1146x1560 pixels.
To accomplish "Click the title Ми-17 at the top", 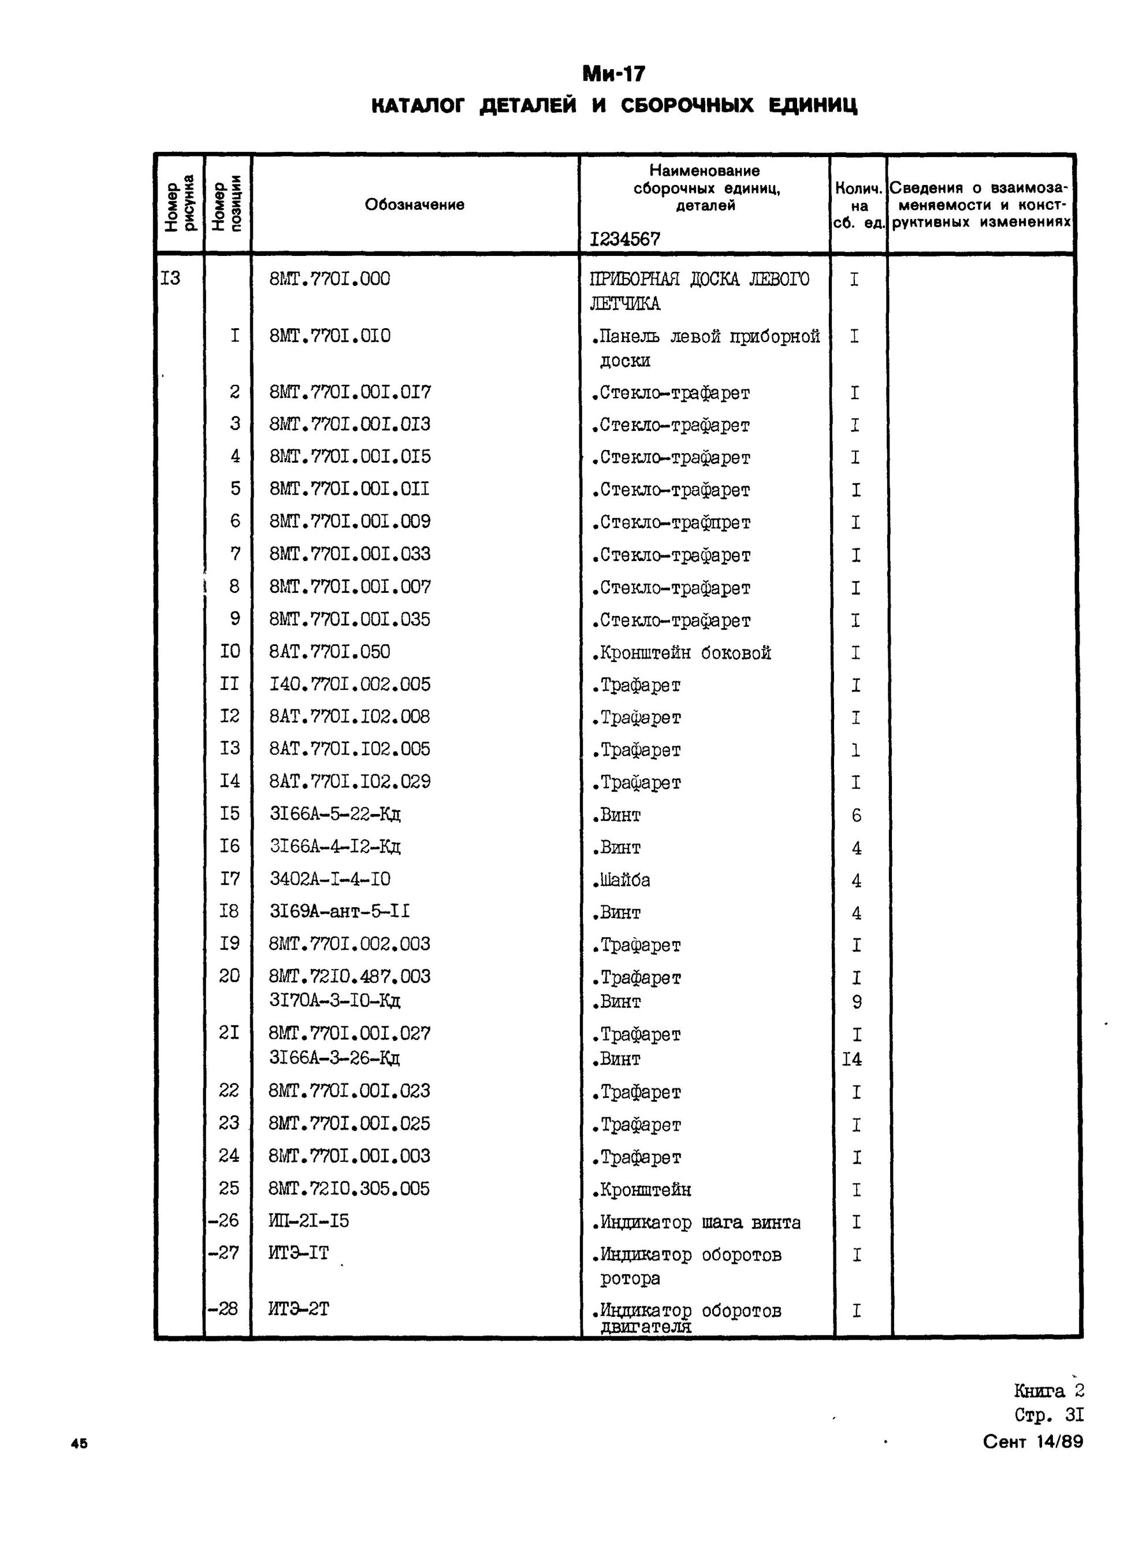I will pos(614,73).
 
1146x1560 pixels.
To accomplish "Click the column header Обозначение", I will pos(414,205).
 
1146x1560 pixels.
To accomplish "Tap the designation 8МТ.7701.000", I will pos(329,279).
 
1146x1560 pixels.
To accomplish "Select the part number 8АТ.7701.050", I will pos(329,652).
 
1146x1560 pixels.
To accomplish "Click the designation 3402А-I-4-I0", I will pos(329,879).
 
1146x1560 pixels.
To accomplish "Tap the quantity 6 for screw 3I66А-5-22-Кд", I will pos(856,815).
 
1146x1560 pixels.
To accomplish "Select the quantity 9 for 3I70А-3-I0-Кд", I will pos(856,1002).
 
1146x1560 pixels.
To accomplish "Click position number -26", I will pos(225,1220).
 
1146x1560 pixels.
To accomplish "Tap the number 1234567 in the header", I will pos(624,239).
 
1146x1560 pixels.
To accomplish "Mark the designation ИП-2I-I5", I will pos(308,1220).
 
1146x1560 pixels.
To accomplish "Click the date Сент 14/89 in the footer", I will pos(1032,1442).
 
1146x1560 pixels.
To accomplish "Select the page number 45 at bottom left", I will pos(79,1443).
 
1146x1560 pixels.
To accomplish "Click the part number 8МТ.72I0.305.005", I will pos(349,1188).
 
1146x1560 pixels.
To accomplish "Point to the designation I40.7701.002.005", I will pos(349,684).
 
